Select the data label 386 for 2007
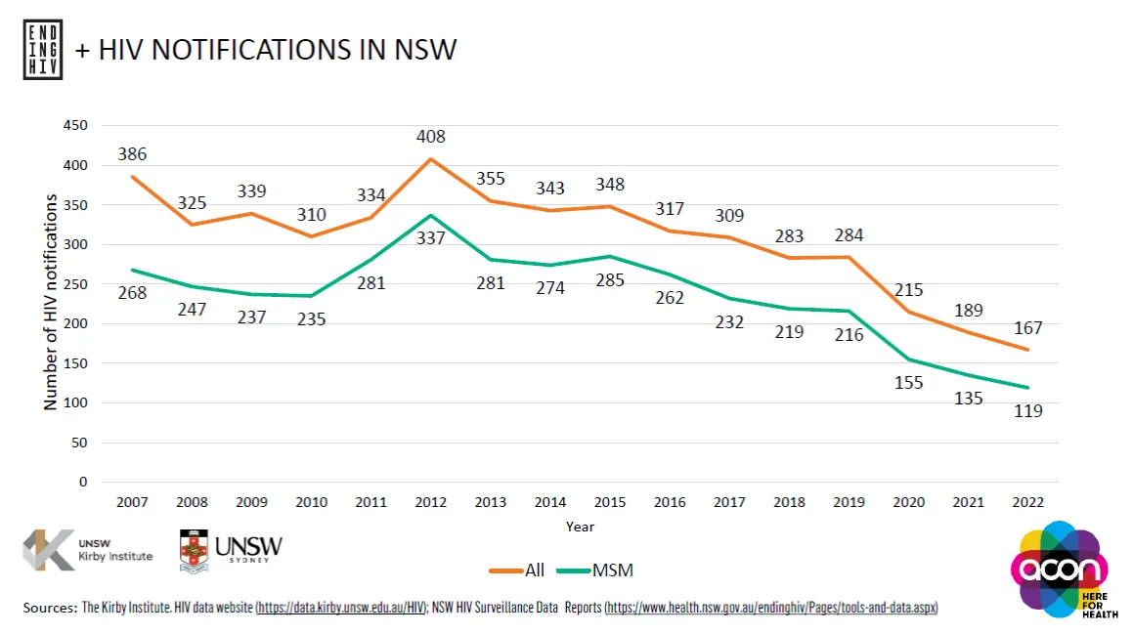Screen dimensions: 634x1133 [132, 153]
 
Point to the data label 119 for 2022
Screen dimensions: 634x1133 [1027, 411]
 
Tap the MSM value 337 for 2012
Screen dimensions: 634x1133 [430, 238]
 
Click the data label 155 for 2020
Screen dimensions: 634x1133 [908, 383]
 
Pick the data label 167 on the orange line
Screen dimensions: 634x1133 [1027, 327]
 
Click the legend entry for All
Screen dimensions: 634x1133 [518, 571]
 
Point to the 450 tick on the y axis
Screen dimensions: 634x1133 [75, 126]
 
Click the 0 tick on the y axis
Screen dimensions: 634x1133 [82, 482]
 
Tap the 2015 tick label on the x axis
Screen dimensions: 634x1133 [610, 502]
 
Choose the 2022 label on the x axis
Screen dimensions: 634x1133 [1027, 502]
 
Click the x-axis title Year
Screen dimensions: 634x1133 [579, 527]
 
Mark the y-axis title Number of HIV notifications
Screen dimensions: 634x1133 [50, 304]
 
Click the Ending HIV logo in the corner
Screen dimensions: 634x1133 [42, 48]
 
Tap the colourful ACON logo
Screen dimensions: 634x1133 [1061, 569]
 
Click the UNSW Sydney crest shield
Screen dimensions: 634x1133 [194, 551]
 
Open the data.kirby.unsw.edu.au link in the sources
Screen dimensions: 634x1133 [341, 608]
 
